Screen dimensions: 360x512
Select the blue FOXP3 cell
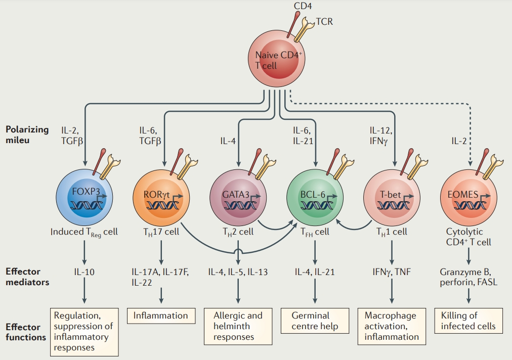(x=83, y=197)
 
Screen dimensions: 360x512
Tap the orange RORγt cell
(x=161, y=197)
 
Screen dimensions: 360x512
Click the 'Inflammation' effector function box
(x=161, y=316)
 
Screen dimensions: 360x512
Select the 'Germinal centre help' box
(x=315, y=321)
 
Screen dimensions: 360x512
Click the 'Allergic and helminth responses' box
(x=238, y=326)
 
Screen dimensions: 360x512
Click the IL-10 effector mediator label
(x=83, y=272)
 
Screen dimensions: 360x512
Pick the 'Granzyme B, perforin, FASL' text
(x=468, y=277)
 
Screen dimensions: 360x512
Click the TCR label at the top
(x=325, y=21)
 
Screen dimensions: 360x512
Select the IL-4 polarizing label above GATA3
(x=228, y=141)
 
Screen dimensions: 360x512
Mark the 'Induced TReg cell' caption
(x=84, y=232)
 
